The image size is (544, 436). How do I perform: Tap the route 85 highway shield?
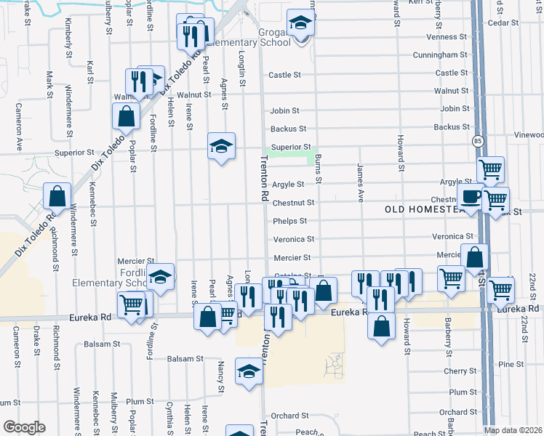477,140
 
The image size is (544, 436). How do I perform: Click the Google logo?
24,427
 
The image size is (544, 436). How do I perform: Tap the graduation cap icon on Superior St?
221,146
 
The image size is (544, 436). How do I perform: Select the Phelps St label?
290,221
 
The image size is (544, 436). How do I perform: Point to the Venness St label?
446,37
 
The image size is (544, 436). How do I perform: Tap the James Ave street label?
360,182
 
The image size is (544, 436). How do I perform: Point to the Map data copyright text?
513,430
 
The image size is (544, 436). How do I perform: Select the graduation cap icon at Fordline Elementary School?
161,277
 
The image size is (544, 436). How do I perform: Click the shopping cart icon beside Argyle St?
491,170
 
